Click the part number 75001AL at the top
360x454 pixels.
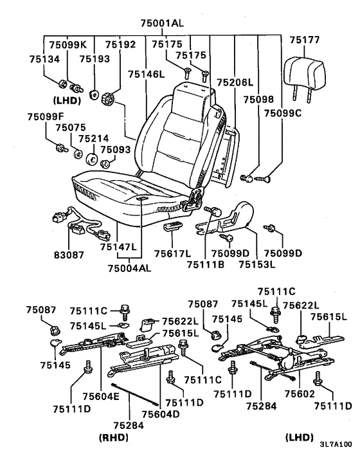pos(162,23)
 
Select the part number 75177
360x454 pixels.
pos(305,40)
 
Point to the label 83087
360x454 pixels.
pos(69,255)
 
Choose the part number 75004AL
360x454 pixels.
pos(130,268)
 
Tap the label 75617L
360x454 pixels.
pos(172,253)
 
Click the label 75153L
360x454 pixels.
pos(257,264)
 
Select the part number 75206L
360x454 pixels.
pos(235,82)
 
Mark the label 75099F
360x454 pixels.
pos(46,116)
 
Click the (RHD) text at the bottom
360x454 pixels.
pos(113,437)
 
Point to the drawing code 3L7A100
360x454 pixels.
pos(336,444)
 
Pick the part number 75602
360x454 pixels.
pos(300,394)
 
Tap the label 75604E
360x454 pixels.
pos(101,396)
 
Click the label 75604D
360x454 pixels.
pos(161,413)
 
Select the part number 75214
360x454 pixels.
pos(94,138)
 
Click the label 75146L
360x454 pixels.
pos(146,75)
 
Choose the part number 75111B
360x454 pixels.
pos(206,264)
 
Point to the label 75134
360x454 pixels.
pos(44,59)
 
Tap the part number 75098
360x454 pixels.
pos(258,100)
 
